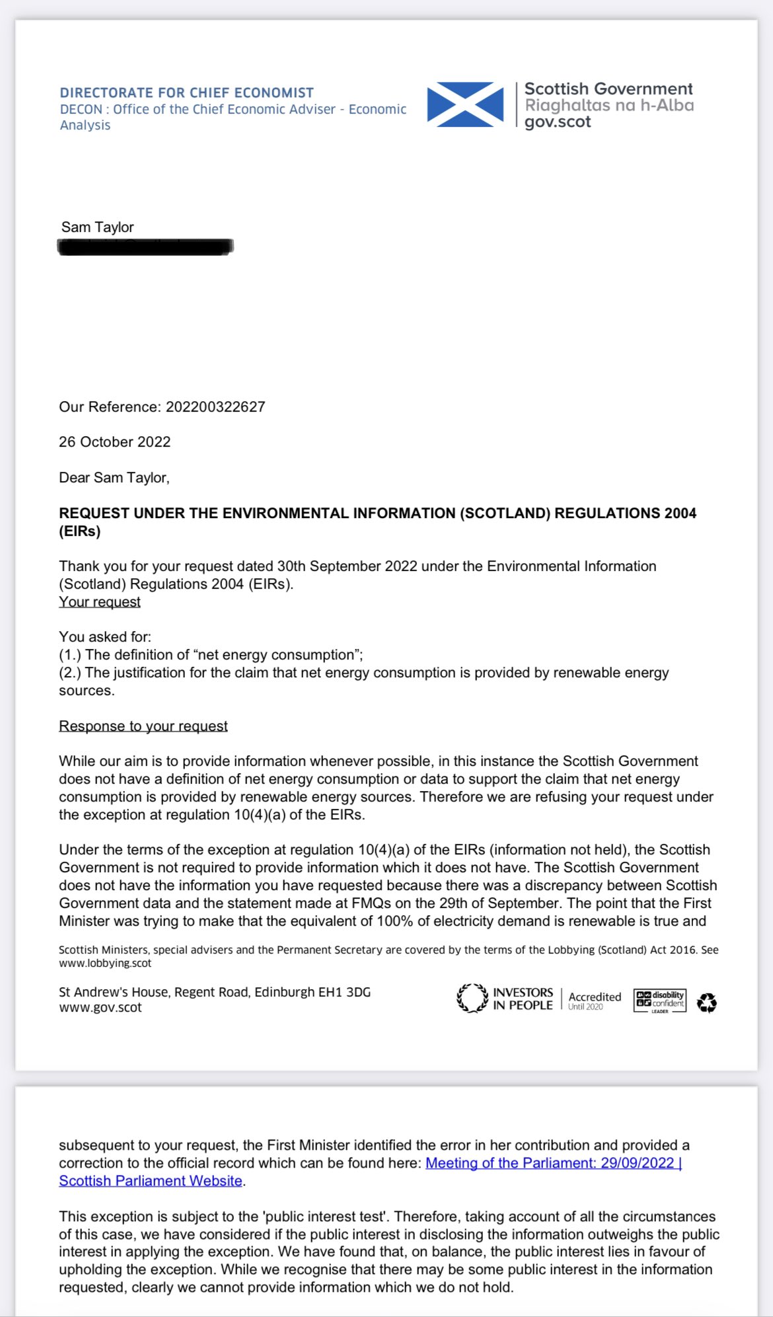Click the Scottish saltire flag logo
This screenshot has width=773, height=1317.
click(465, 104)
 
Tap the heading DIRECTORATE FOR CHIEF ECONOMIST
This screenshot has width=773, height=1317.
click(186, 93)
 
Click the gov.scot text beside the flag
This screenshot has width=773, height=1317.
click(558, 122)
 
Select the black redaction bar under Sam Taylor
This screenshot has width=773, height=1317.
click(145, 247)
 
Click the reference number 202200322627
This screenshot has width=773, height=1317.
click(215, 407)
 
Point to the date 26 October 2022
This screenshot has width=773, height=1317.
click(114, 442)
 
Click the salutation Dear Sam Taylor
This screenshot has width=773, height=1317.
click(114, 478)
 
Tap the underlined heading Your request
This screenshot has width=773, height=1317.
click(100, 602)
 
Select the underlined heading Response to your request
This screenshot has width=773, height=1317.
click(143, 726)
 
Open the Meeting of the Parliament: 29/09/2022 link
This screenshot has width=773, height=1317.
click(552, 1163)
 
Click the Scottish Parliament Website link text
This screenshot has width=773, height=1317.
click(151, 1181)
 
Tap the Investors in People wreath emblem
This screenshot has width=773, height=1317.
click(472, 998)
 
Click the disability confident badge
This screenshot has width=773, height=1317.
click(659, 1000)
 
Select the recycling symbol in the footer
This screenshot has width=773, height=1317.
click(707, 1002)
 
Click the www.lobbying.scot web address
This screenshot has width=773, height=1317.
click(105, 963)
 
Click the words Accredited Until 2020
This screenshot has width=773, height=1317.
click(594, 1000)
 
